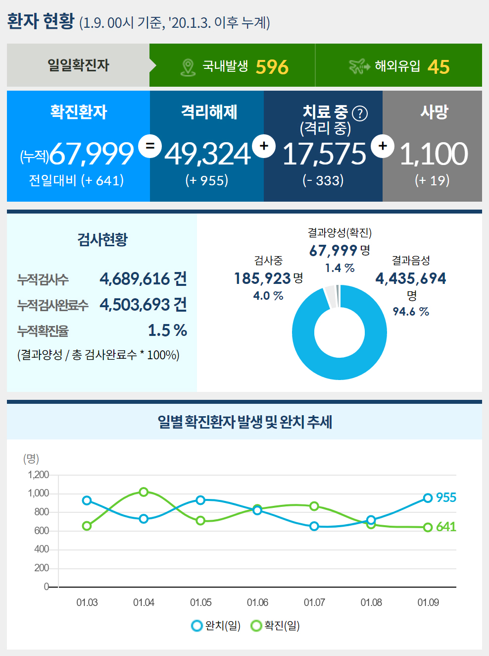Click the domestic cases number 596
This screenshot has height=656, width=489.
click(x=272, y=67)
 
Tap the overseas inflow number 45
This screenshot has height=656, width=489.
click(x=438, y=67)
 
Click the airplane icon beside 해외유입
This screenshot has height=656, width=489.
click(x=359, y=66)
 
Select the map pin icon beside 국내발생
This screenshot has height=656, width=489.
click(x=188, y=67)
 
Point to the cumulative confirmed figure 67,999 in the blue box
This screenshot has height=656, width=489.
click(x=92, y=154)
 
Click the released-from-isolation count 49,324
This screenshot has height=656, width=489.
click(x=207, y=154)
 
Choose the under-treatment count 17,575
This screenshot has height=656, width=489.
click(x=324, y=154)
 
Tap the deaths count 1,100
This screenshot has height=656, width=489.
click(x=433, y=154)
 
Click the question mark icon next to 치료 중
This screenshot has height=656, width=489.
click(x=360, y=114)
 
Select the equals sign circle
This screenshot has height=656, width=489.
click(x=150, y=146)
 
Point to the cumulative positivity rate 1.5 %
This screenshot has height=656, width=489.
click(x=167, y=330)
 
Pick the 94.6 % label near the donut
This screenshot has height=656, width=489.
click(x=411, y=312)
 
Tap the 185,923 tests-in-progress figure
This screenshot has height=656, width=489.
click(x=262, y=278)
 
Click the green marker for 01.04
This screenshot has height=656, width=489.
click(x=144, y=492)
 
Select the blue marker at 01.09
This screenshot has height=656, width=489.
click(x=428, y=498)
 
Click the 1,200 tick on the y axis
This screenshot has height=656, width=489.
click(x=38, y=475)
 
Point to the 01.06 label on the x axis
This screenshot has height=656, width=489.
click(x=257, y=602)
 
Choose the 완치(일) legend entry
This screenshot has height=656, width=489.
click(x=216, y=626)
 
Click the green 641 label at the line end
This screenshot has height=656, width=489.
click(x=446, y=527)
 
